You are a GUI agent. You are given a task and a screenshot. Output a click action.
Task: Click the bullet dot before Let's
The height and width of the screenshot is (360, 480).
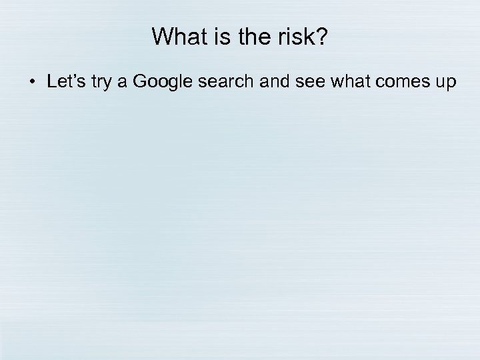coord(32,83)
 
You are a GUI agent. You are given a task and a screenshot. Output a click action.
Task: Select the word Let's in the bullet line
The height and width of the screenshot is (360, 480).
coord(64,82)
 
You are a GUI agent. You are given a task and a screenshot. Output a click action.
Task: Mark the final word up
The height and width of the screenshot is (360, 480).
coord(441,83)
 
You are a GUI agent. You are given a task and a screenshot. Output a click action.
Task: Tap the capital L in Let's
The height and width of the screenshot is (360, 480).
coord(52,82)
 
